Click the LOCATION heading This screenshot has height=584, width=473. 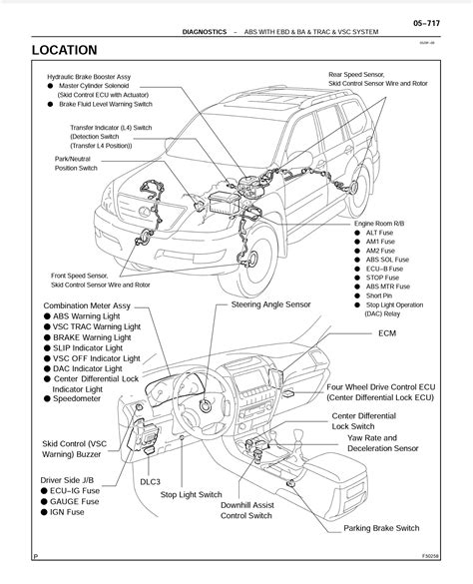(64, 49)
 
